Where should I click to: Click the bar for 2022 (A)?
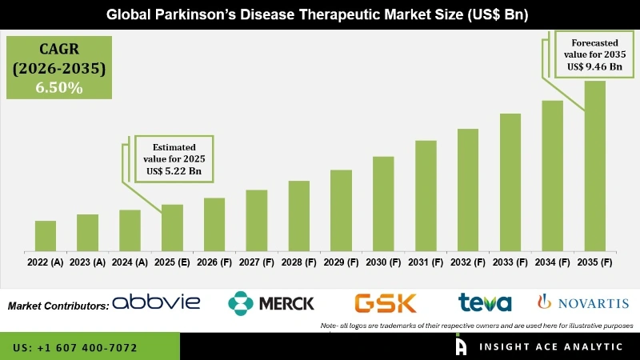[x=46, y=235]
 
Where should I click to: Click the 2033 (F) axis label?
[x=510, y=262]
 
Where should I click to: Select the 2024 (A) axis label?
[x=130, y=262]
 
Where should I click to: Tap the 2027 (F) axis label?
[x=257, y=262]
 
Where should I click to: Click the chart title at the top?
[x=320, y=14]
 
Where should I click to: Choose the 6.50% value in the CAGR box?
[x=58, y=88]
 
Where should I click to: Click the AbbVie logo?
[x=156, y=302]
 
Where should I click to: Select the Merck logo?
[x=271, y=302]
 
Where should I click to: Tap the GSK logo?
[x=386, y=302]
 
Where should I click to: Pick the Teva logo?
[x=485, y=302]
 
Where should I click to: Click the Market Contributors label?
[x=58, y=306]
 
